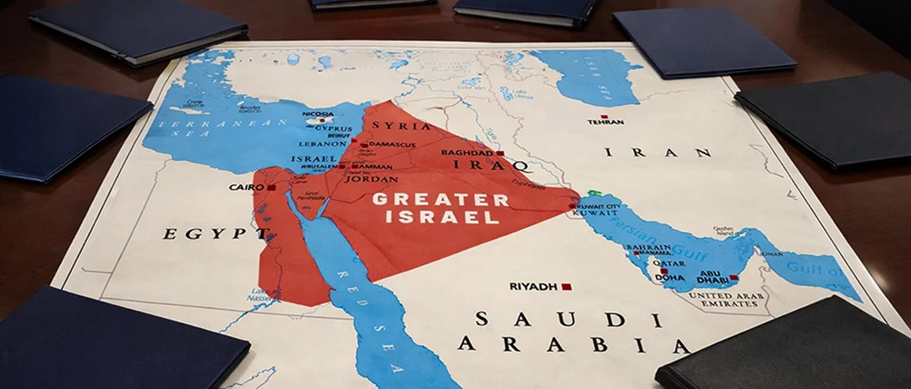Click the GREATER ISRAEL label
point(440,208)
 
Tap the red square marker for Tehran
point(604,117)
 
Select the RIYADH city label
point(533,287)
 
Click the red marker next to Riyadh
point(566,287)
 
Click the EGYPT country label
point(205,233)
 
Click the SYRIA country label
point(413,126)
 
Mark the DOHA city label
point(669,277)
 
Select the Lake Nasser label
point(259,296)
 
